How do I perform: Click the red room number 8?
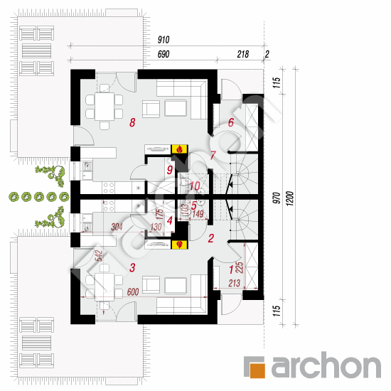coord(132,123)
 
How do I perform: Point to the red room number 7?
coord(211,155)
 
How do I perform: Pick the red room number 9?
coord(170,170)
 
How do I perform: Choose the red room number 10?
coord(195,186)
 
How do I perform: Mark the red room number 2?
coord(210,240)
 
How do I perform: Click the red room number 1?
coord(230,269)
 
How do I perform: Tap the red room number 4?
coord(169,220)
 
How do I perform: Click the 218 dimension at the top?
coord(242,54)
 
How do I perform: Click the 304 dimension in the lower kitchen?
coord(119,227)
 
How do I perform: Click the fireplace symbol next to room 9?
coord(181,149)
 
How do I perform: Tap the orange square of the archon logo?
coord(254,367)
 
